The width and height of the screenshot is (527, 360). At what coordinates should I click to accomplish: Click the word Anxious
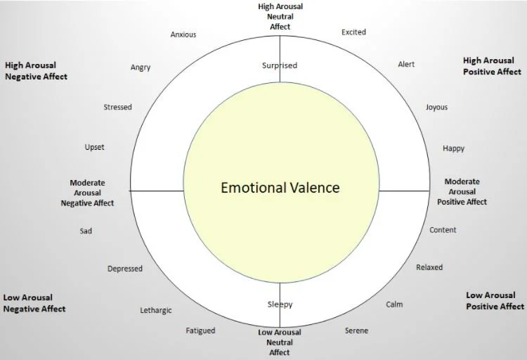[x=183, y=34]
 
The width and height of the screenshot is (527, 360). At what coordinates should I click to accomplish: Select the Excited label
[x=353, y=32]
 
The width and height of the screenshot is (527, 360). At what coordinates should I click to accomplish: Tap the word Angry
[x=141, y=68]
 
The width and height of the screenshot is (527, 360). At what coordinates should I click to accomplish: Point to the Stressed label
[x=117, y=108]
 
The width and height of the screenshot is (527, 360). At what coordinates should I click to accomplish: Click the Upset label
[x=94, y=148]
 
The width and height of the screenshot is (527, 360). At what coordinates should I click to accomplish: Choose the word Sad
[x=86, y=231]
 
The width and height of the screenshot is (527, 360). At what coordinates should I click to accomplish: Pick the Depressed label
[x=125, y=269]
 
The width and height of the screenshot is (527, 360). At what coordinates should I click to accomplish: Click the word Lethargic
[x=156, y=311]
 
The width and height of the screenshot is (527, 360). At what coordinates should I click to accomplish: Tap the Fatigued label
[x=200, y=330]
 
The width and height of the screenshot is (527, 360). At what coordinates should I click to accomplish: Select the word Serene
[x=356, y=331]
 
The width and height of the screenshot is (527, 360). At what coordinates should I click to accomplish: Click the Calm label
[x=394, y=305]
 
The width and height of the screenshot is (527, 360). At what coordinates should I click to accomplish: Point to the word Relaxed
[x=429, y=268]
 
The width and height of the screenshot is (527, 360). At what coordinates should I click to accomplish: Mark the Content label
[x=443, y=230]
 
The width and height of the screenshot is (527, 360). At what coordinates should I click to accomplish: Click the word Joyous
[x=436, y=108]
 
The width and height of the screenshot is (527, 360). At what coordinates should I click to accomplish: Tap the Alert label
[x=406, y=65]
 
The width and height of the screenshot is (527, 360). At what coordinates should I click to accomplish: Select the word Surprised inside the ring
[x=280, y=66]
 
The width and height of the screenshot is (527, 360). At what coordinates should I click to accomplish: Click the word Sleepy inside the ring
[x=280, y=305]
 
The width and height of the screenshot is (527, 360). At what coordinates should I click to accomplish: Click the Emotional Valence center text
[x=280, y=188]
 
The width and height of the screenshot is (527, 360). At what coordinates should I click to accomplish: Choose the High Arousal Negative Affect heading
[x=36, y=71]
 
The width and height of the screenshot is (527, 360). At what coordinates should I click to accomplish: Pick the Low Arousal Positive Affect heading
[x=495, y=301]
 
